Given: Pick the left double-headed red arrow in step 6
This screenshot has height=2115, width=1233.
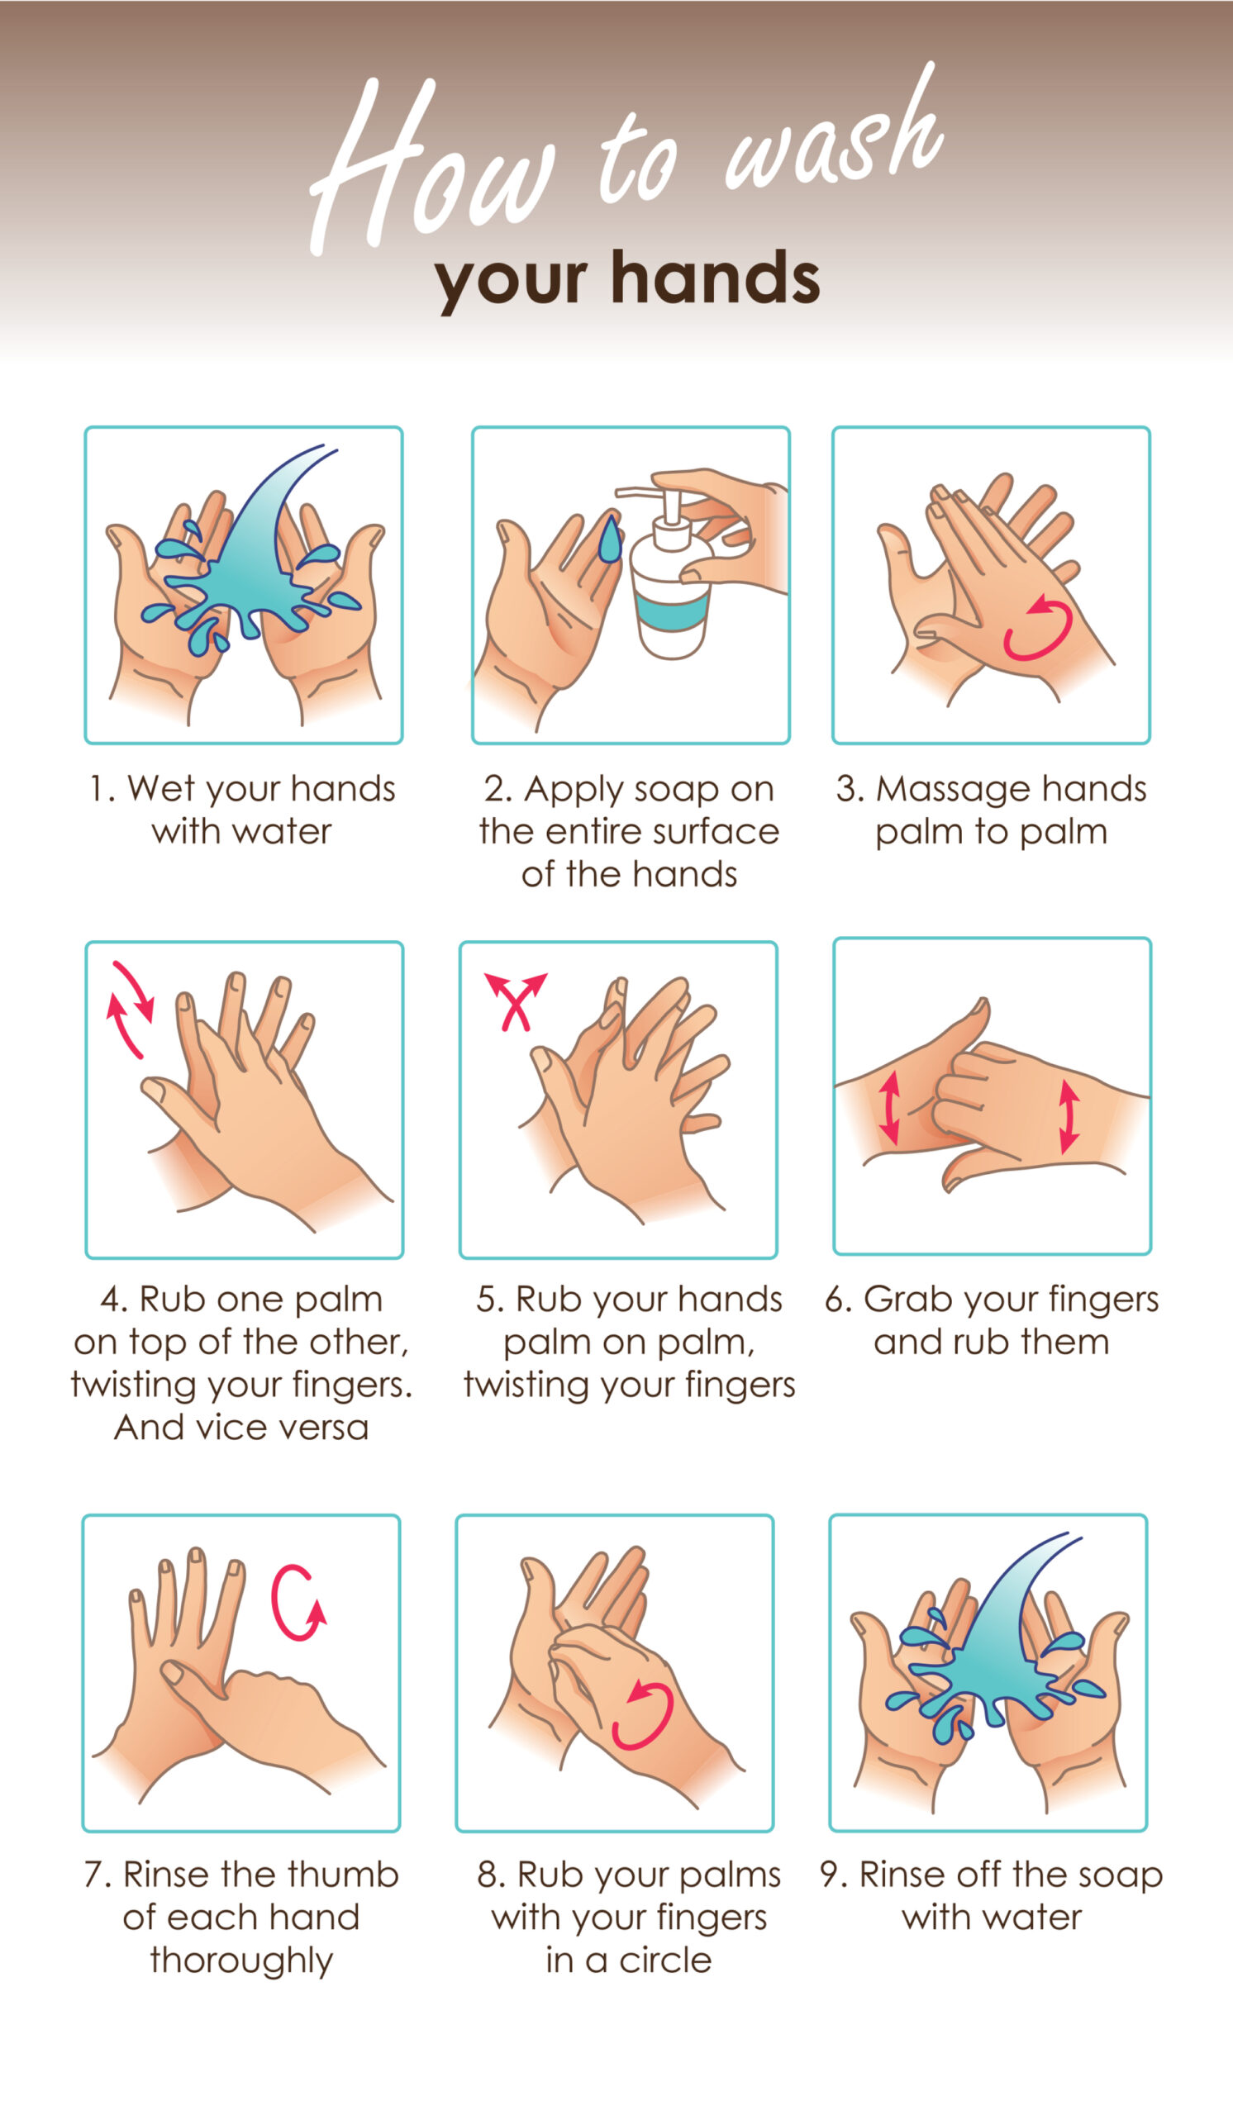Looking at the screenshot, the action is point(891,1108).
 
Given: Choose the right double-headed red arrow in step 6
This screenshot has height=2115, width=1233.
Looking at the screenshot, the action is point(1069,1117).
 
